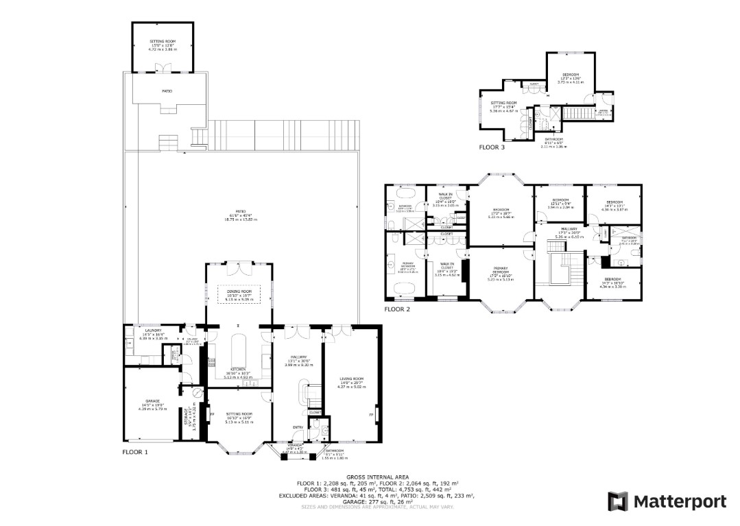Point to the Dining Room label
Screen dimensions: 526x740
pyautogui.click(x=239, y=291)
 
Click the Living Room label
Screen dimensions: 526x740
pyautogui.click(x=351, y=379)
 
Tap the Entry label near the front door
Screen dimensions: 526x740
pyautogui.click(x=298, y=427)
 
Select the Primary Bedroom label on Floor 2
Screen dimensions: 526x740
pyautogui.click(x=499, y=270)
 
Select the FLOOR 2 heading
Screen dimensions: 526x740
pyautogui.click(x=396, y=309)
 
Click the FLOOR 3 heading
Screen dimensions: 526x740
pyautogui.click(x=493, y=147)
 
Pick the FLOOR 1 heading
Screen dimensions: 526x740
pyautogui.click(x=135, y=452)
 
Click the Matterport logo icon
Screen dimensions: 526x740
pyautogui.click(x=618, y=501)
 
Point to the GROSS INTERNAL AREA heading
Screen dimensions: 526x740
pyautogui.click(x=378, y=476)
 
